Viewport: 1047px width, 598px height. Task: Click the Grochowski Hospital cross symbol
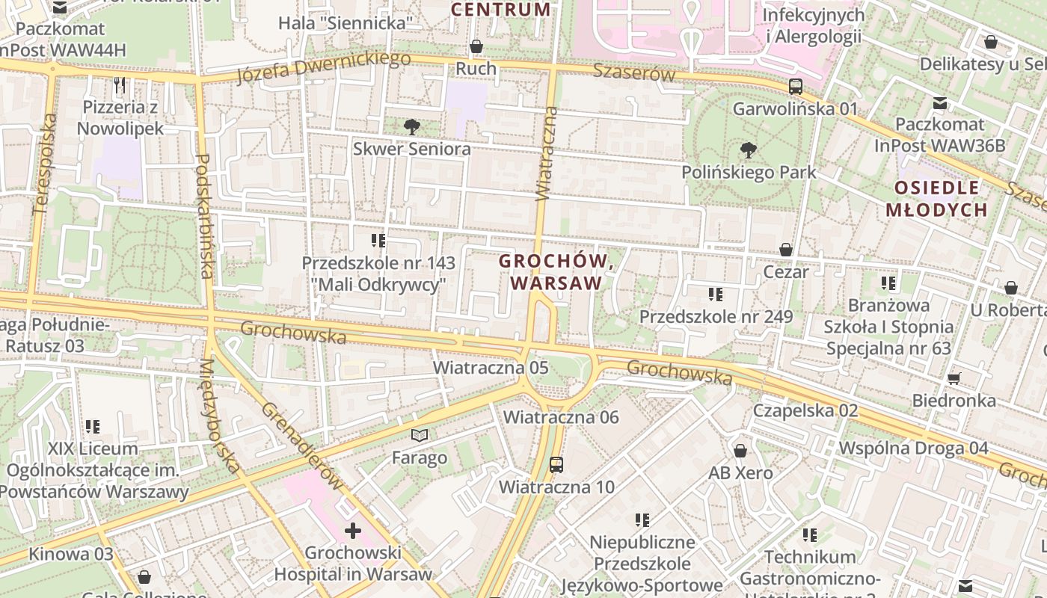[x=352, y=531]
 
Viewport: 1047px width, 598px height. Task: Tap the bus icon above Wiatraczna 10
[x=556, y=464]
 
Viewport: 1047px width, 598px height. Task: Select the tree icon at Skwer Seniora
[x=411, y=127]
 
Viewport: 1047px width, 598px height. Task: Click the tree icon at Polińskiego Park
[x=747, y=150]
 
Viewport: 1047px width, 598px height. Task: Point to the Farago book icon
[x=420, y=435]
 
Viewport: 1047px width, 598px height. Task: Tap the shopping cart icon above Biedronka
[x=954, y=378]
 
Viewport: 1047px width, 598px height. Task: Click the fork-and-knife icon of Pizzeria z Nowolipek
[x=120, y=84]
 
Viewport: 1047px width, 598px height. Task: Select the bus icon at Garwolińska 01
[x=796, y=87]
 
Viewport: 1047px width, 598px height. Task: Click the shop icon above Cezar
[x=785, y=249]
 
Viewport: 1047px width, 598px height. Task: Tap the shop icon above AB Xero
[x=740, y=451]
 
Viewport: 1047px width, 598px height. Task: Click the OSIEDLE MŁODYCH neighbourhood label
[x=936, y=199]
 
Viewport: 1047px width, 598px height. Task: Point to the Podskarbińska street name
[x=204, y=216]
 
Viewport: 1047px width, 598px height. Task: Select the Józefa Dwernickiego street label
[x=323, y=67]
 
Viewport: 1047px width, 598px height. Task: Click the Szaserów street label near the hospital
[x=634, y=72]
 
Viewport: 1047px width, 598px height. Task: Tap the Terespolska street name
[x=44, y=163]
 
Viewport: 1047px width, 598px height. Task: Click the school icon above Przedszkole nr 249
[x=716, y=295]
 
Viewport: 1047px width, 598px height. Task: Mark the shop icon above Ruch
[x=476, y=46]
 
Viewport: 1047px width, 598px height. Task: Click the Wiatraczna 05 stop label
[x=491, y=368]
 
